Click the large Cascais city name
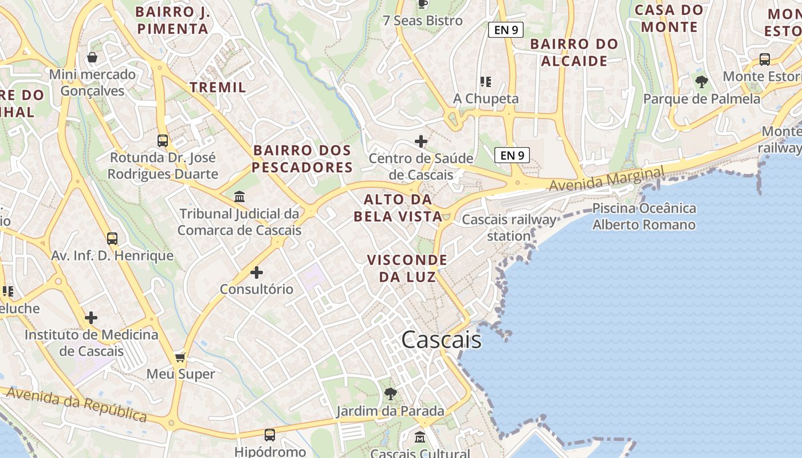pos(441,340)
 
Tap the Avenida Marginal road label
pos(606,179)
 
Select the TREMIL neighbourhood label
pos(218,87)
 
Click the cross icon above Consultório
pos(256,273)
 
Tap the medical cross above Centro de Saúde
pos(421,141)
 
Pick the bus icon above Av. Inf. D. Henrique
pos(112,239)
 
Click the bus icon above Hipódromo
pos(270,435)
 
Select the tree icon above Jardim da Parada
pos(391,394)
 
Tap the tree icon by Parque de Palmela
pos(701,82)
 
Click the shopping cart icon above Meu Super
pos(180,358)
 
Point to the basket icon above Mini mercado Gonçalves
pos(92,58)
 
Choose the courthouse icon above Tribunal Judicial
pos(239,197)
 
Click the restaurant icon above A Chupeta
pos(486,82)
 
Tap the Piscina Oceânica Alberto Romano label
pos(644,216)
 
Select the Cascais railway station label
pos(509,227)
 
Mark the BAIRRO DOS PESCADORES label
pos(302,159)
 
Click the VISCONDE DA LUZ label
pos(407,268)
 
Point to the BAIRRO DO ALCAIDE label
pos(574,52)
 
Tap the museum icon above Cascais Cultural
pos(420,437)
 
